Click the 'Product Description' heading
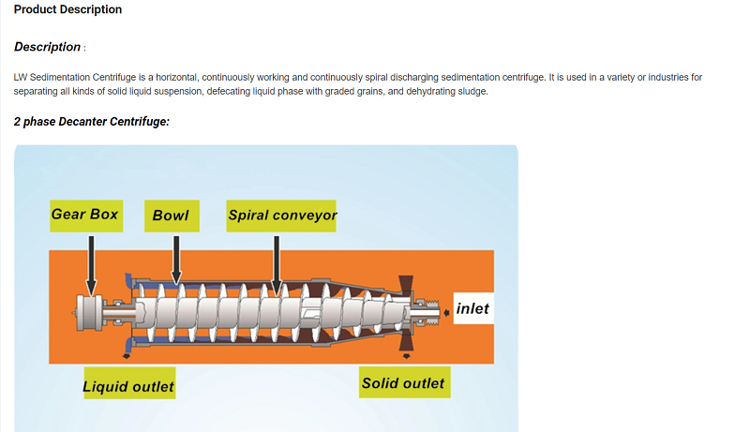67,9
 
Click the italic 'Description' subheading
48,47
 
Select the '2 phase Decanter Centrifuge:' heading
91,122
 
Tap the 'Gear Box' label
86,216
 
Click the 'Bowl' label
172,216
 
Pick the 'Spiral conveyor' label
281,216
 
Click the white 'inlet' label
473,308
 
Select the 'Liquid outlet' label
129,383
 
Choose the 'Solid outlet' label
405,382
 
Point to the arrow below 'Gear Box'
91,265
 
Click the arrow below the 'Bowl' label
176,260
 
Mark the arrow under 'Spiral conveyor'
277,265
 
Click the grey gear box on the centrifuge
89,313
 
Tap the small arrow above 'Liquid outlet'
127,356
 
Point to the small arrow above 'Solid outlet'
407,356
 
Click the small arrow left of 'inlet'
447,313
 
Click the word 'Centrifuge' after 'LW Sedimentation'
114,78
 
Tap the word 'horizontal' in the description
177,78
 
